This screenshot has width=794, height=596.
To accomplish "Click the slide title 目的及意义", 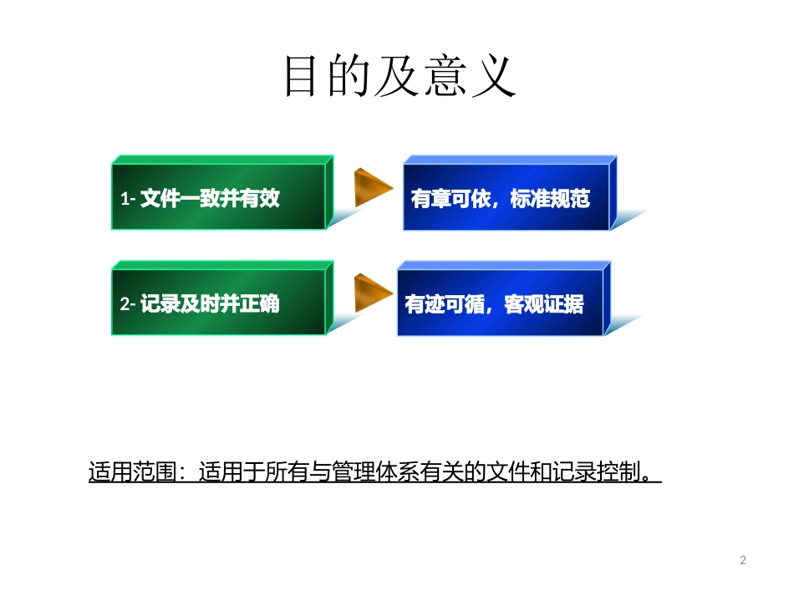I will pos(400,77).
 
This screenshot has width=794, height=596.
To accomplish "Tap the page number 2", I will pos(743,560).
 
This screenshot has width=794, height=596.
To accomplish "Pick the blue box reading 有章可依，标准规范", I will pos(506,198).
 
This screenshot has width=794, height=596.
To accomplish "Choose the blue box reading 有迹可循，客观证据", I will pos(499,303).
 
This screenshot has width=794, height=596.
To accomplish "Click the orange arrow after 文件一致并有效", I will pos(372,188).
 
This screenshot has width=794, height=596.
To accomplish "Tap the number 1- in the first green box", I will pos(128,199).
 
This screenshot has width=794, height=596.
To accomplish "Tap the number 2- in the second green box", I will pos(128,304).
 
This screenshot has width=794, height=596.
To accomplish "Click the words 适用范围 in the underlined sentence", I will pos(133,471).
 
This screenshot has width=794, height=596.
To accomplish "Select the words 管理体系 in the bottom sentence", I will pos(373,471).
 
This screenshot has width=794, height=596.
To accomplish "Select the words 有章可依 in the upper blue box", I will pos(450,199).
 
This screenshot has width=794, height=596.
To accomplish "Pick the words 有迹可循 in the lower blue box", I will pos(445,304).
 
